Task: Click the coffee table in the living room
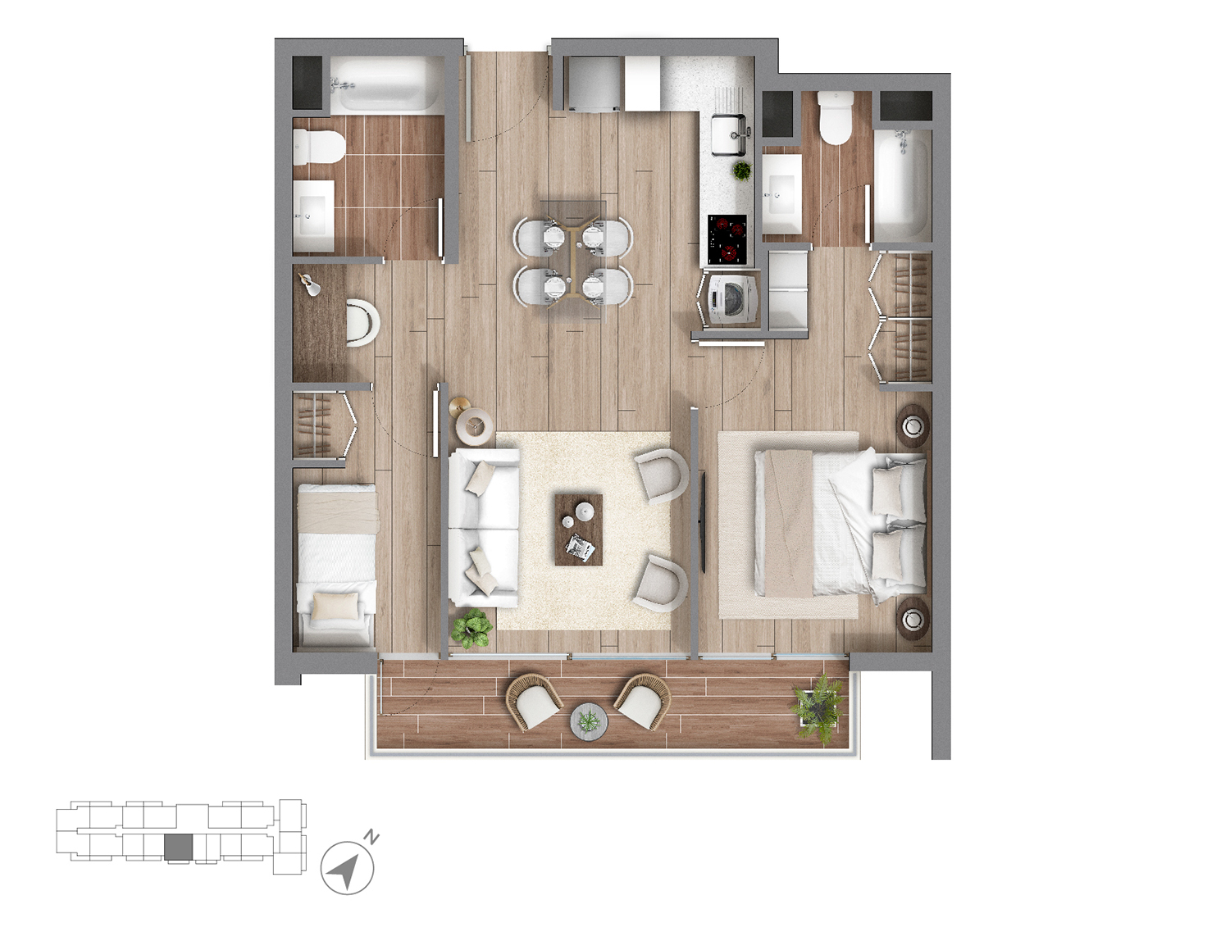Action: click(579, 529)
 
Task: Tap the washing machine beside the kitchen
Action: click(730, 298)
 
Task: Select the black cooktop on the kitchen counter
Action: click(728, 239)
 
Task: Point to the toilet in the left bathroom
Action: click(320, 147)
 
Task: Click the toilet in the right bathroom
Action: click(836, 118)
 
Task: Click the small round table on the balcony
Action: click(590, 721)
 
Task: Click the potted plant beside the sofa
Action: click(471, 628)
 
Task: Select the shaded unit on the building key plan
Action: click(178, 848)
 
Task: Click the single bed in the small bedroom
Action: click(336, 565)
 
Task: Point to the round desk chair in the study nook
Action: click(362, 321)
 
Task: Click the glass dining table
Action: click(573, 261)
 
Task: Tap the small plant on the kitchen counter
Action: click(742, 170)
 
